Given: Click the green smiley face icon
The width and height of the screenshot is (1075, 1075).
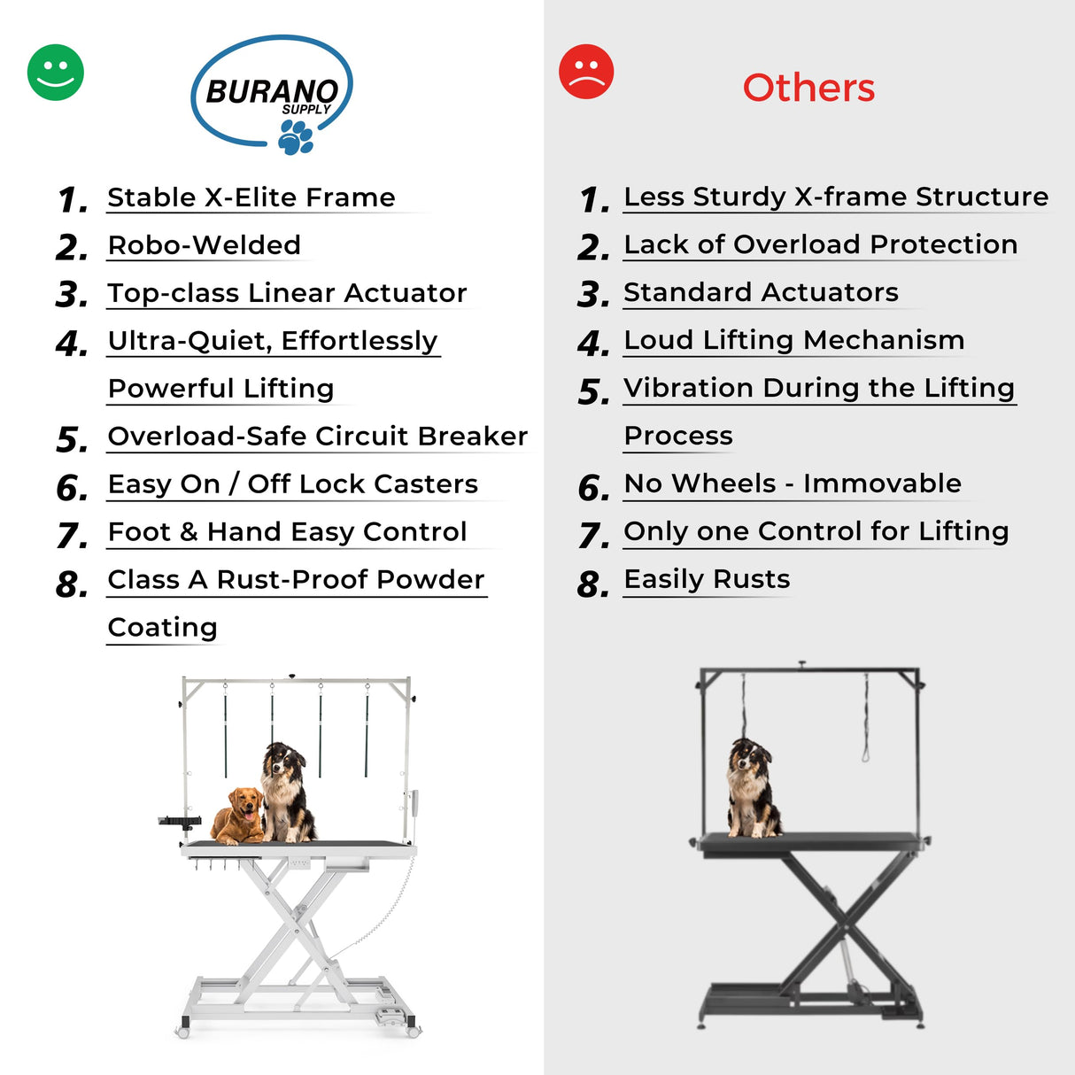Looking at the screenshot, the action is tap(55, 73).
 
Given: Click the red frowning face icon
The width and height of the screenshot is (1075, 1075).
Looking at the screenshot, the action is tap(586, 72).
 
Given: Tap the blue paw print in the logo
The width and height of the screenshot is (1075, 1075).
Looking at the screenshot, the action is tap(296, 137).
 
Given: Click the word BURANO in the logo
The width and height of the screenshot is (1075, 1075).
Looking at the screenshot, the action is tap(272, 91).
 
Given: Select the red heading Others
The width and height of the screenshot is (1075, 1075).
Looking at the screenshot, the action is tap(808, 89).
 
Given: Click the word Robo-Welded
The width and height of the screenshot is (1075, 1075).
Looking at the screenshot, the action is tap(205, 245).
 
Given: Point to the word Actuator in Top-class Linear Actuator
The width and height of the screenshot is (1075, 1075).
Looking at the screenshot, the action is tap(405, 293).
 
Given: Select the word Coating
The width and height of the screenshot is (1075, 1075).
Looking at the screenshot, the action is tap(162, 628).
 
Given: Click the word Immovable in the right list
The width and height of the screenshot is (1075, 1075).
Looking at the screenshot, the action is tap(882, 483).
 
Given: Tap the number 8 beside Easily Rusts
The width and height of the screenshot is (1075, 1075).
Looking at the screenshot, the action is tap(592, 584).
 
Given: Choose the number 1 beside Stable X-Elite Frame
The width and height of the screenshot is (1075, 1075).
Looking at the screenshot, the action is tap(73, 200).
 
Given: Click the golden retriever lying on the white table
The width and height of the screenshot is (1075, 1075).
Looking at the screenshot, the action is tap(239, 816).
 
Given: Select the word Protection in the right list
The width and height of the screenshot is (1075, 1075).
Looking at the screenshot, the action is tap(944, 245).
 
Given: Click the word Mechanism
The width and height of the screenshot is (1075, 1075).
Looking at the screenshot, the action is tap(884, 340).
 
